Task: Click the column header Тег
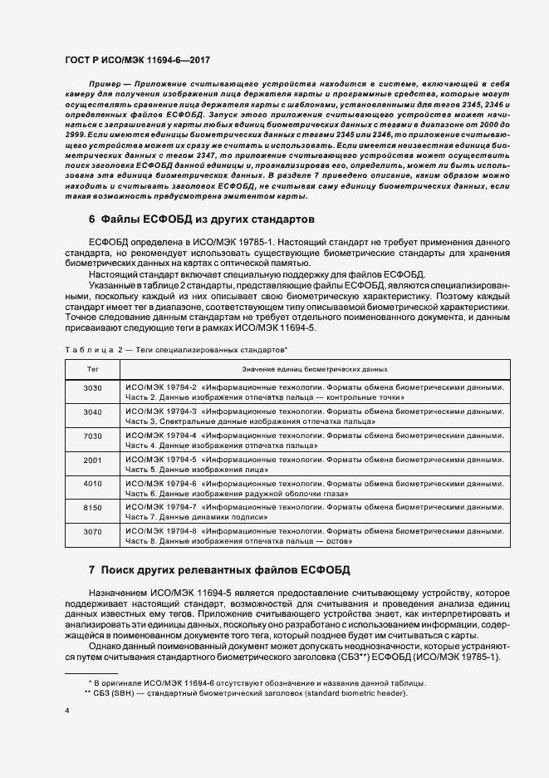coord(92,368)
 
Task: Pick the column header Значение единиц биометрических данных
coord(314,368)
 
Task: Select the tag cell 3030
coord(92,388)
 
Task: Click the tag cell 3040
coord(92,412)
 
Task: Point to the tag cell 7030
coord(92,436)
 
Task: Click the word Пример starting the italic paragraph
coord(105,85)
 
